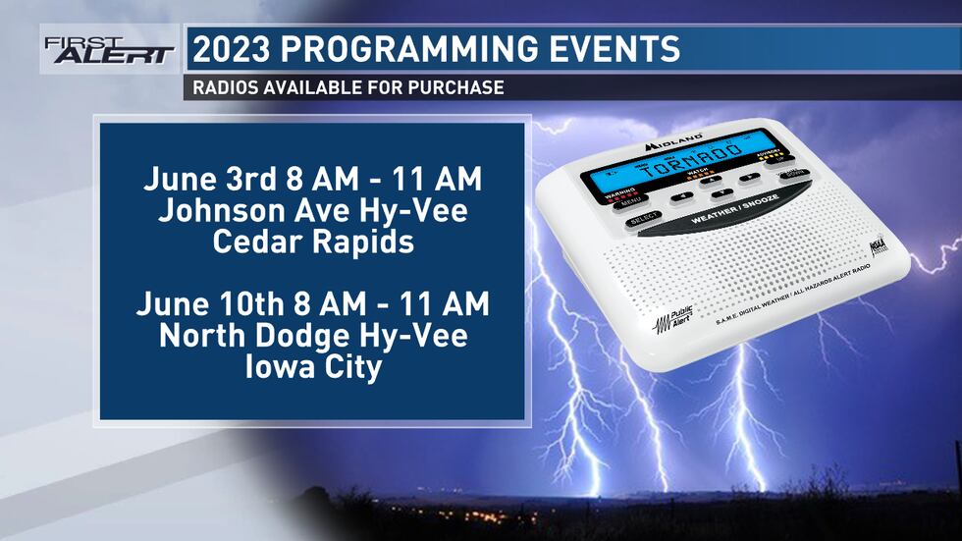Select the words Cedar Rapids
[x=313, y=242]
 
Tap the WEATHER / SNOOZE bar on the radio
[x=733, y=216]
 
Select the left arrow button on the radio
[x=675, y=196]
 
